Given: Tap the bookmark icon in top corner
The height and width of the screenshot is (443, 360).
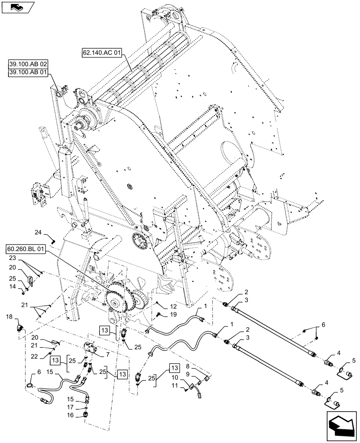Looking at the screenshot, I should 16,6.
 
